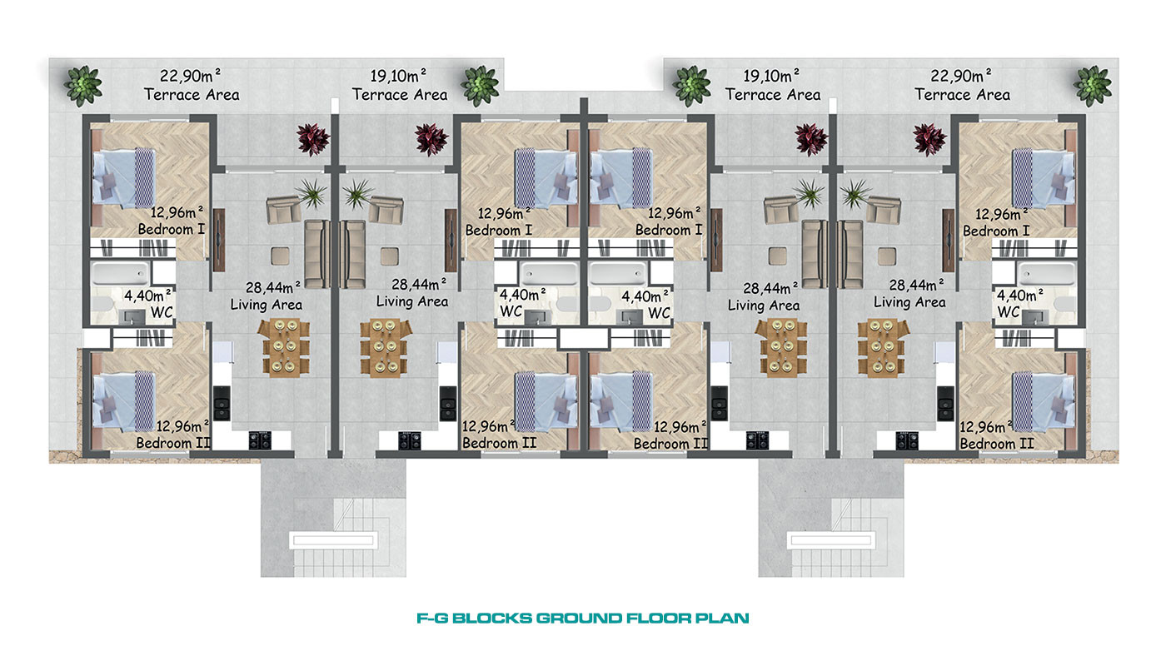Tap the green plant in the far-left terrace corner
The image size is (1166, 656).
pyautogui.click(x=82, y=86)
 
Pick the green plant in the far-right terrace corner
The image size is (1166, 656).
pyautogui.click(x=1092, y=86)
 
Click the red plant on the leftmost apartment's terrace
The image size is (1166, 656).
pyautogui.click(x=313, y=139)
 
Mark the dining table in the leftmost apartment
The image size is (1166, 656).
pyautogui.click(x=284, y=347)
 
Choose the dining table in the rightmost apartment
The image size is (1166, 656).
pyautogui.click(x=883, y=347)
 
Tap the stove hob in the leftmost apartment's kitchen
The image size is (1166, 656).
pyautogui.click(x=260, y=440)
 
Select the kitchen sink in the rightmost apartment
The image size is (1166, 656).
pyautogui.click(x=946, y=403)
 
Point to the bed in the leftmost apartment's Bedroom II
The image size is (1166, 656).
pyautogui.click(x=123, y=401)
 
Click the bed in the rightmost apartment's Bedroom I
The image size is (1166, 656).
pyautogui.click(x=1043, y=179)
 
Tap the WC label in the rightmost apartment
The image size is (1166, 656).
pyautogui.click(x=1009, y=311)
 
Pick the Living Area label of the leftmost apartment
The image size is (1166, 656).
pyautogui.click(x=266, y=305)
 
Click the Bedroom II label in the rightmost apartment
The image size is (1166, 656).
pyautogui.click(x=997, y=444)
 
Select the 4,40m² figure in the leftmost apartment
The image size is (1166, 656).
pyautogui.click(x=148, y=296)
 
